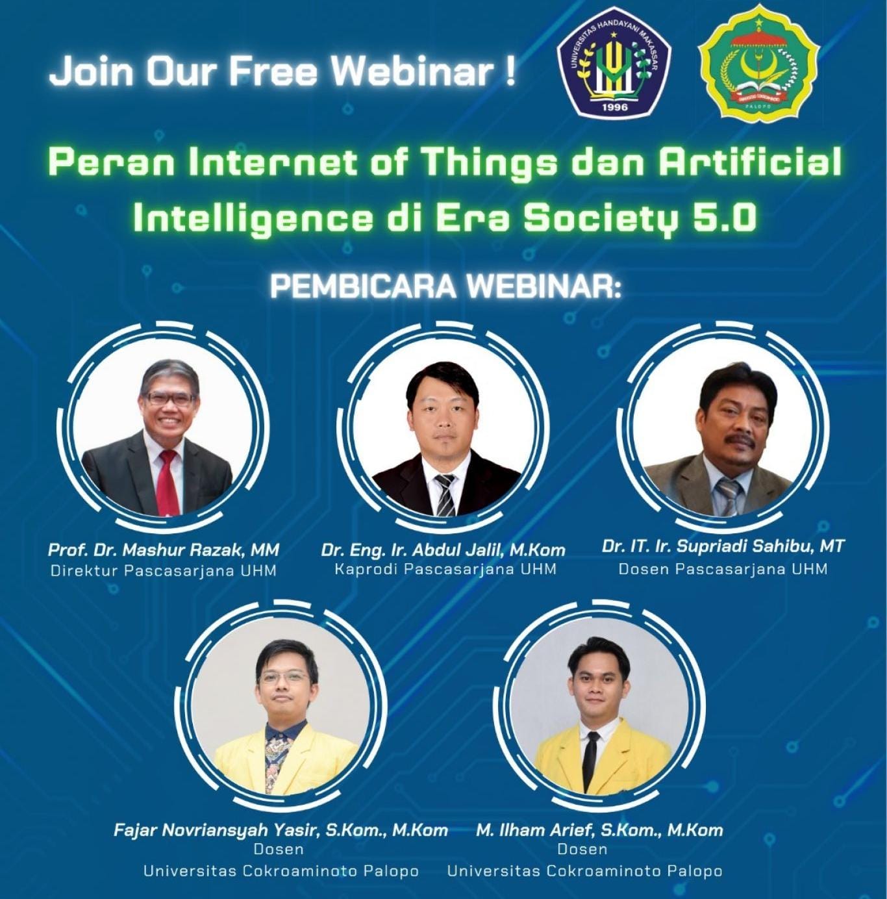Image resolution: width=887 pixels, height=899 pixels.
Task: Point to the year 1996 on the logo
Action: click(614, 107)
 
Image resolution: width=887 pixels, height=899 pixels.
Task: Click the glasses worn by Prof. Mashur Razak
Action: click(170, 398)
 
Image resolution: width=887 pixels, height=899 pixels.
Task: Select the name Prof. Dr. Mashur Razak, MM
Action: click(163, 550)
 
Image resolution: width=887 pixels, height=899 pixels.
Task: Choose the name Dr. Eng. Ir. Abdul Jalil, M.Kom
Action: click(443, 550)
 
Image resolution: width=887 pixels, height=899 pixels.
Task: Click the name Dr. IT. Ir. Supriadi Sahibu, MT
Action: click(722, 546)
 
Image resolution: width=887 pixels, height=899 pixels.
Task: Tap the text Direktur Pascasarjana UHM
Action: click(163, 571)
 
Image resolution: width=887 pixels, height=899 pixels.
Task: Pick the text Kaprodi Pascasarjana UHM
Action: click(445, 569)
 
